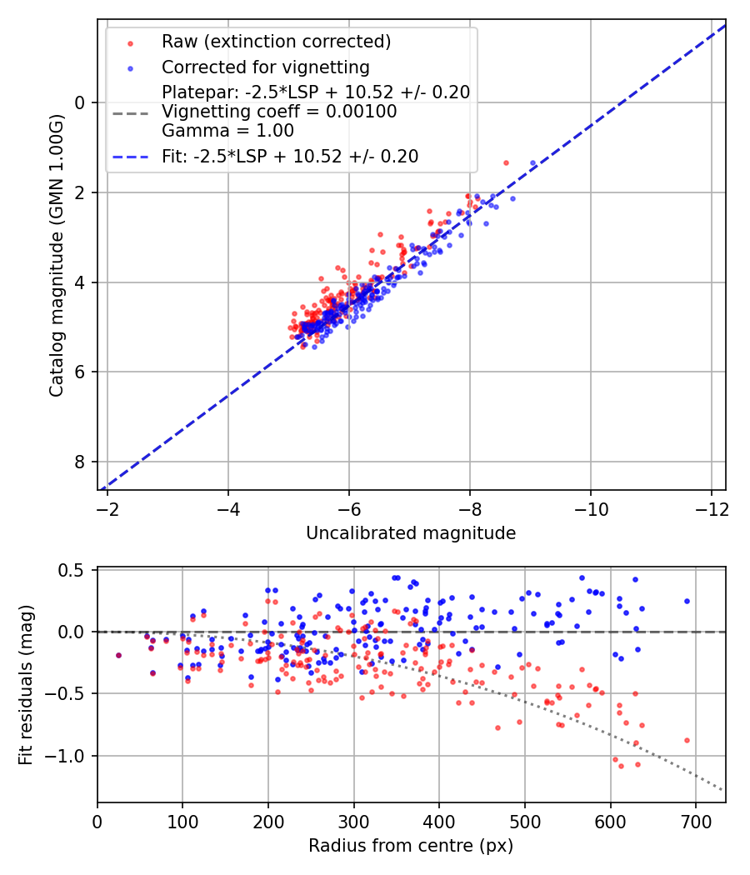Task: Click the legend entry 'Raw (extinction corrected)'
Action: pos(276,42)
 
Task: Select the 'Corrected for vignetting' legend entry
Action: pos(266,67)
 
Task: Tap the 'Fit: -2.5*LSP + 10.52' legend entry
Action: pos(290,156)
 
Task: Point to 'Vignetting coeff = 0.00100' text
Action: pos(279,112)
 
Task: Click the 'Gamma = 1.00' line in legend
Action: pos(227,130)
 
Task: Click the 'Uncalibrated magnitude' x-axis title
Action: pos(411,533)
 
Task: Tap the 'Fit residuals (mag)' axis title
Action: pos(26,685)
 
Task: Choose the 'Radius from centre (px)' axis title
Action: pos(411,846)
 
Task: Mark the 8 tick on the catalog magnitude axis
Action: pos(81,462)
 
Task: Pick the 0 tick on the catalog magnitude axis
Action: pos(81,102)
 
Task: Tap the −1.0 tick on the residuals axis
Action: pos(70,756)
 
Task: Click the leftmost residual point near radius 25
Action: pos(118,655)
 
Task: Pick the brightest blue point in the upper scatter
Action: pos(532,163)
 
